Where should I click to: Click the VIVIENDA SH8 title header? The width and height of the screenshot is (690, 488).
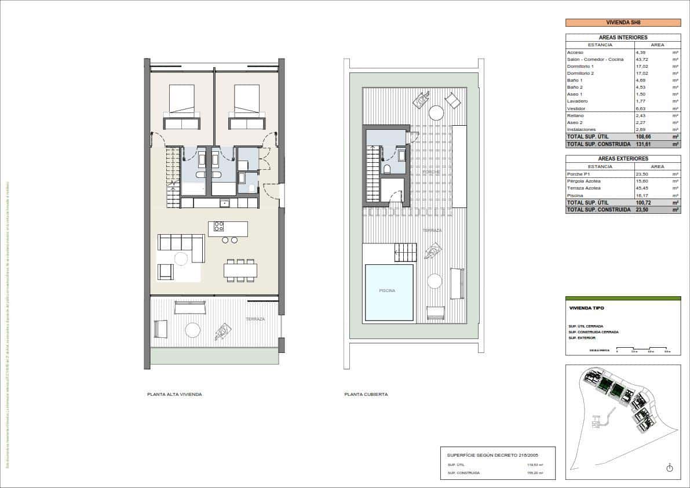tap(623, 23)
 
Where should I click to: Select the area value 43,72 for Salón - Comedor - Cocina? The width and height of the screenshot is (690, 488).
tap(644, 59)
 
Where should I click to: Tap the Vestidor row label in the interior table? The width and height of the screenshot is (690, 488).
tap(576, 108)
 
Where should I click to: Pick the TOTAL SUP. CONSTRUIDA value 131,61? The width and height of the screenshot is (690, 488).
tap(644, 144)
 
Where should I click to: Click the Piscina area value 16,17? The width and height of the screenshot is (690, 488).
tap(643, 196)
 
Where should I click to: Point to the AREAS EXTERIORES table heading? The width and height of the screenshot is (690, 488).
tap(623, 158)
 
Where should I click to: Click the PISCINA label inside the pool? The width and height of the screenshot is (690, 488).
tap(387, 291)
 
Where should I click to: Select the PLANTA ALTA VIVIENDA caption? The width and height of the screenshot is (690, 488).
tap(174, 394)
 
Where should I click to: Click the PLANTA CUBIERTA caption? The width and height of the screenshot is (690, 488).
tap(366, 394)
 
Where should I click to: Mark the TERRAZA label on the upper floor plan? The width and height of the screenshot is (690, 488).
tap(255, 319)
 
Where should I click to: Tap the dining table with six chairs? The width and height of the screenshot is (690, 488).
tap(240, 270)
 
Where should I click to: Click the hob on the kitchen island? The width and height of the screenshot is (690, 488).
tap(219, 226)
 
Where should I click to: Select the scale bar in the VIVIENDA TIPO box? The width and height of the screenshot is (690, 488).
tap(643, 350)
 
